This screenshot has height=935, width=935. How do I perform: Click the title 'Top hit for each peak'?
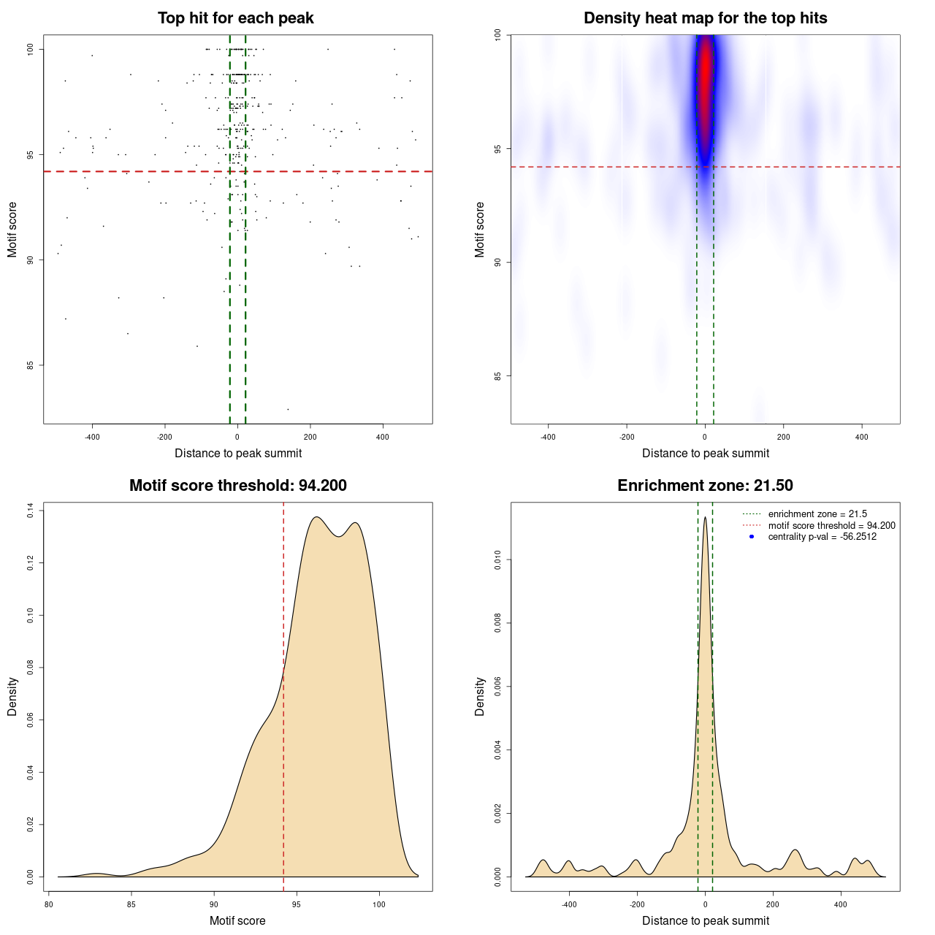[x=235, y=18]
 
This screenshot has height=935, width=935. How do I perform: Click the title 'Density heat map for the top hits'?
[x=705, y=18]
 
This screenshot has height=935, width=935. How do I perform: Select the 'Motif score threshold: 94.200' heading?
[x=237, y=486]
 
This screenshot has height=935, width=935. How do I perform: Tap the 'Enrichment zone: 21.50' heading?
[x=705, y=486]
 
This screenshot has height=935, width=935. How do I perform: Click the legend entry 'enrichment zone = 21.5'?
[x=817, y=514]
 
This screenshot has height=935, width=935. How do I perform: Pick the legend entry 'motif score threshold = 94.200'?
[x=831, y=525]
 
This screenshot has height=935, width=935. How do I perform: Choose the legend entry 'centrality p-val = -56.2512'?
[x=822, y=537]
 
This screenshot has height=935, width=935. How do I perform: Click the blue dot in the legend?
[x=752, y=537]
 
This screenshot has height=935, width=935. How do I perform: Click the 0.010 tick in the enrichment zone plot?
[x=498, y=560]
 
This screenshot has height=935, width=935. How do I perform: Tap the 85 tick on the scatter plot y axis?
[x=31, y=365]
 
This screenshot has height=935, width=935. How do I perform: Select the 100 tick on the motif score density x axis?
[x=378, y=904]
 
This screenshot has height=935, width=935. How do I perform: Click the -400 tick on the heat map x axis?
[x=548, y=437]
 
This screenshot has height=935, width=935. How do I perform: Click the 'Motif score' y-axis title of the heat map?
[x=480, y=229]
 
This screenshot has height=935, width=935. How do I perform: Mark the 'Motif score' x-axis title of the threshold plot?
[x=237, y=920]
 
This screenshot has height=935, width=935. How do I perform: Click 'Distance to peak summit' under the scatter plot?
[x=238, y=453]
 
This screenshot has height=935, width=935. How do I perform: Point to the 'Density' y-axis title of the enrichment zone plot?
[x=480, y=696]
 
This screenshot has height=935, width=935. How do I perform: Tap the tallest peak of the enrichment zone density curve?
[x=705, y=518]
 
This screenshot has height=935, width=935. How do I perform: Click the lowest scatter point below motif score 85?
[x=288, y=409]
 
